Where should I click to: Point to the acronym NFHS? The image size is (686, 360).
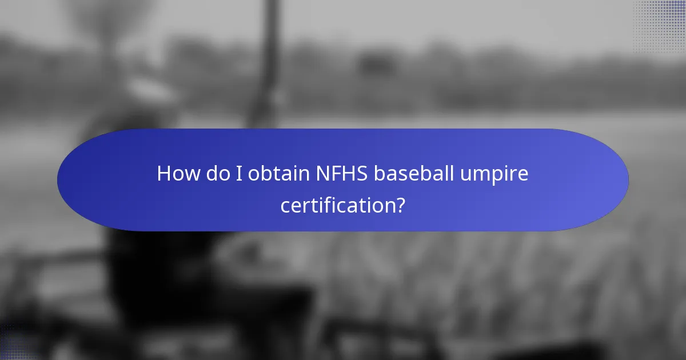coord(342,174)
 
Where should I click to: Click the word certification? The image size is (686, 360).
coord(337,205)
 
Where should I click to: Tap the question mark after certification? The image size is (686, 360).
coord(401,205)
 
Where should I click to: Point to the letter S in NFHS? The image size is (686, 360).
coord(362,174)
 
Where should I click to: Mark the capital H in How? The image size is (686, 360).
coord(163,174)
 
